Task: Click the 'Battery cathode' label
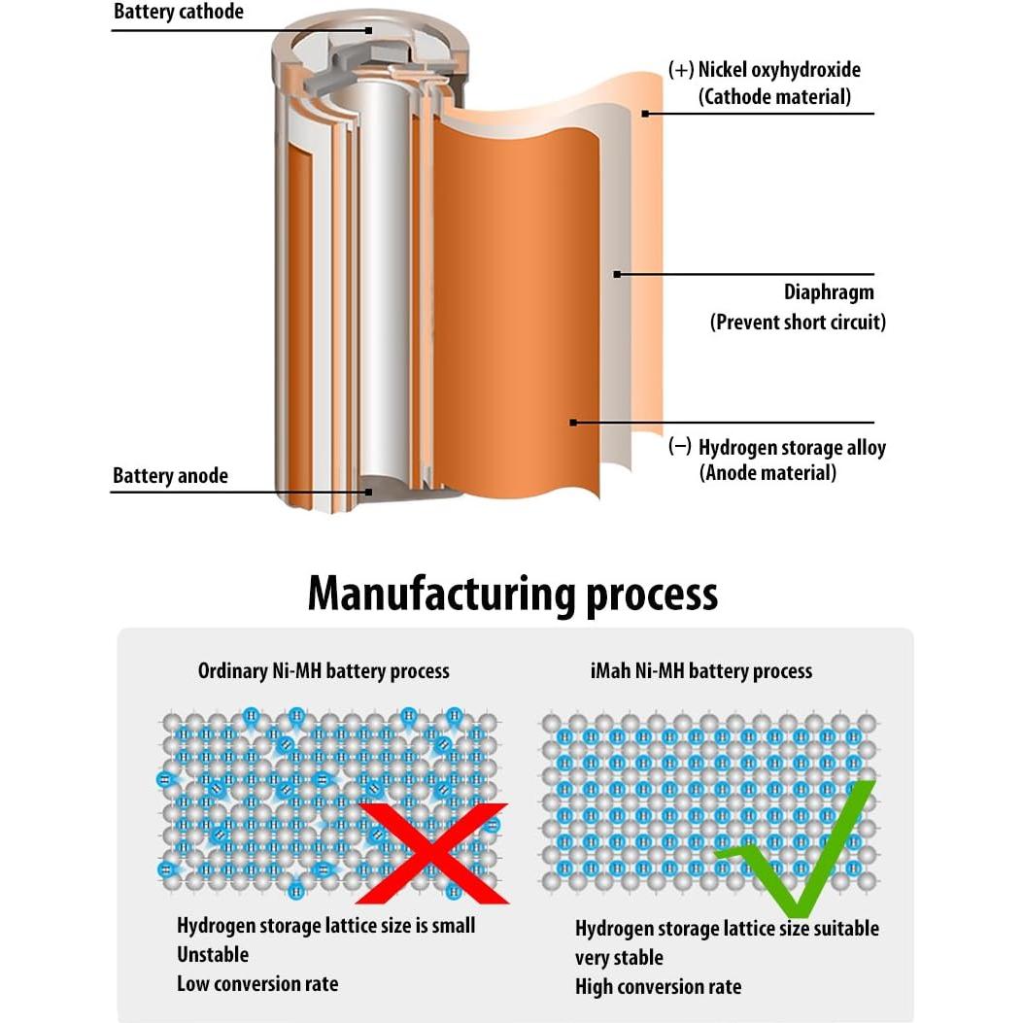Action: tap(178, 13)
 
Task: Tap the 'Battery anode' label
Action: tap(170, 476)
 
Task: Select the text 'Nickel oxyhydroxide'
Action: tap(779, 70)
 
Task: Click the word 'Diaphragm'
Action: tap(829, 292)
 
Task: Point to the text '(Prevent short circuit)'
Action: tap(798, 322)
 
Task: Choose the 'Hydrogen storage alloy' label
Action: tap(792, 448)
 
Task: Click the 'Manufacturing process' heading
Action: tap(512, 593)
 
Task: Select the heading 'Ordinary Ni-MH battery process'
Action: tap(324, 670)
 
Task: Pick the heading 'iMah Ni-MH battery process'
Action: tap(702, 670)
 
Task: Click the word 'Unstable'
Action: tap(213, 954)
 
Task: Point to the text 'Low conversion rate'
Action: tap(257, 983)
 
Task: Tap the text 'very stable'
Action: tap(619, 957)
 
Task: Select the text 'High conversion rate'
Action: tap(658, 987)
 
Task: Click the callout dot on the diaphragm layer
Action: tap(617, 275)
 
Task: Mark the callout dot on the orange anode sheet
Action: tap(573, 423)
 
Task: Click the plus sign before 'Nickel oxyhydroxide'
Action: tap(681, 70)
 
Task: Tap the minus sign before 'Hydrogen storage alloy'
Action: tap(681, 447)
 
